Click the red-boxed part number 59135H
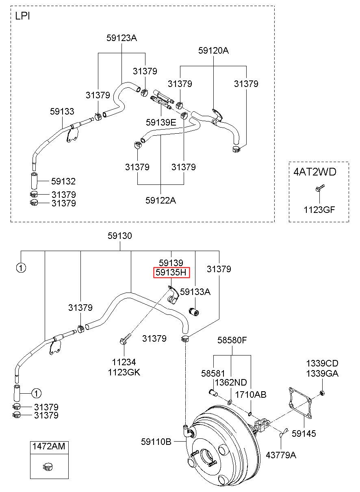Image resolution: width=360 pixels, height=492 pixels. (x=171, y=273)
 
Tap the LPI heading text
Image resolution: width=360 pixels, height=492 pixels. (x=22, y=16)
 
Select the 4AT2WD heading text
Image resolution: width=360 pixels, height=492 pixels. (x=315, y=172)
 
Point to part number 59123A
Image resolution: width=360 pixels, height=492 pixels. (x=121, y=38)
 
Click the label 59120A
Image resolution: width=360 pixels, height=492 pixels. (x=213, y=50)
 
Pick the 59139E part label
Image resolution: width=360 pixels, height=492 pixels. (x=161, y=122)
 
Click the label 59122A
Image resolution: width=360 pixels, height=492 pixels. (x=161, y=200)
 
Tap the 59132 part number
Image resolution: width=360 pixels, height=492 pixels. (x=63, y=181)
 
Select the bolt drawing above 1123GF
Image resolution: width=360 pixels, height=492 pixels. (x=320, y=188)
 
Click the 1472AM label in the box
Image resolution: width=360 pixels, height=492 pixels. (x=49, y=446)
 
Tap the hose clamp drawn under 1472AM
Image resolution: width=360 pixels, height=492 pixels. (x=48, y=467)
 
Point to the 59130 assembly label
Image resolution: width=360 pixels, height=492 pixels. (x=120, y=236)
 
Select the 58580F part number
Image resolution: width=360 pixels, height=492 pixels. (x=232, y=340)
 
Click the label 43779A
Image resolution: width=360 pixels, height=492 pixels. (x=281, y=455)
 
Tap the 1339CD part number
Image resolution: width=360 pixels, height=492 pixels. (x=322, y=364)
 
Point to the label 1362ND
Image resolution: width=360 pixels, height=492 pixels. (x=231, y=383)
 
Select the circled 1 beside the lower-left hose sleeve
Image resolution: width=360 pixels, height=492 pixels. (x=37, y=393)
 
